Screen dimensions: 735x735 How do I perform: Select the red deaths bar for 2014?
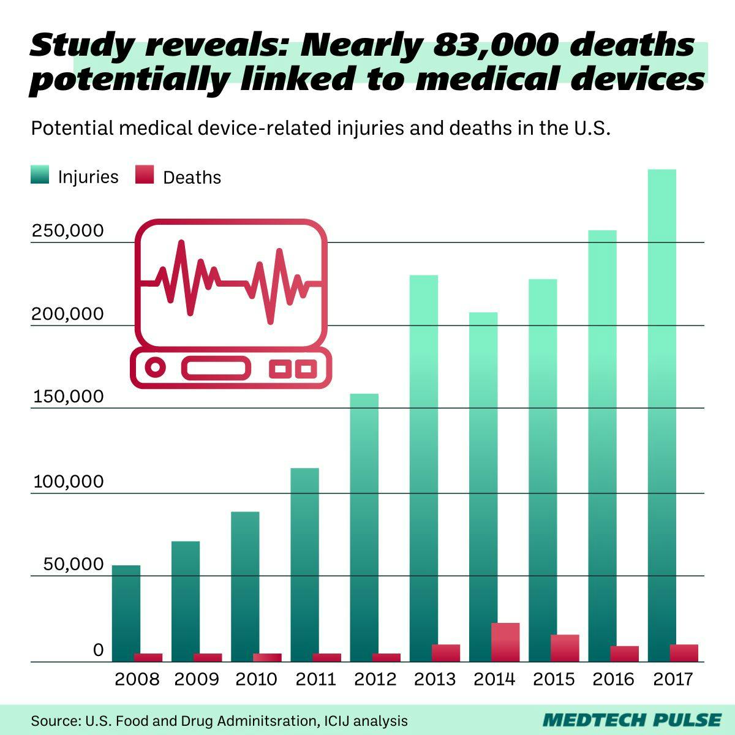(505, 642)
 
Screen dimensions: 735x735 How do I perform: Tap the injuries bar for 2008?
(126, 612)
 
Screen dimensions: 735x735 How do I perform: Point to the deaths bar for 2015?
(565, 648)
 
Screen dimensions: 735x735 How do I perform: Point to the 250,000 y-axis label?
(68, 232)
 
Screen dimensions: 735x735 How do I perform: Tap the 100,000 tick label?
(68, 481)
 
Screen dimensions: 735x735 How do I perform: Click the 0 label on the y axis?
(98, 650)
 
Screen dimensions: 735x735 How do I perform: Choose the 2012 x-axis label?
(375, 679)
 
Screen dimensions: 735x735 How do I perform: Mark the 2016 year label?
(614, 679)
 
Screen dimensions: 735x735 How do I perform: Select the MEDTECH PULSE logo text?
(632, 720)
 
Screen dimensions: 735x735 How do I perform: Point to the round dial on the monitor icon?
(156, 368)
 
